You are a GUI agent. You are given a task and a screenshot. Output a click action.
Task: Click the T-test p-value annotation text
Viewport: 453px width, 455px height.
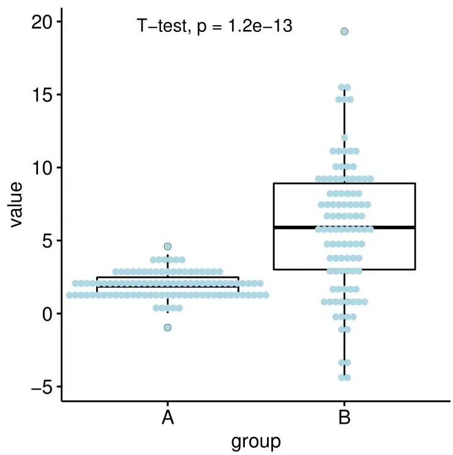tap(214, 26)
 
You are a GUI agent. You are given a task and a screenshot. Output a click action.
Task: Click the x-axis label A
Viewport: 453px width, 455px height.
tap(168, 418)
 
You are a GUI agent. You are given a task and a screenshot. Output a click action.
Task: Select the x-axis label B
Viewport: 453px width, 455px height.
tap(345, 418)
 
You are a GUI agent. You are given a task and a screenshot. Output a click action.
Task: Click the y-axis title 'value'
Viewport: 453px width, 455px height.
tap(16, 204)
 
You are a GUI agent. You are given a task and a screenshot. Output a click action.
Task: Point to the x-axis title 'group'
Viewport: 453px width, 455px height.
tap(256, 441)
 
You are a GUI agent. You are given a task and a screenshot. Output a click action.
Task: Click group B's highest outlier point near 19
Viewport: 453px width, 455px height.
tap(345, 31)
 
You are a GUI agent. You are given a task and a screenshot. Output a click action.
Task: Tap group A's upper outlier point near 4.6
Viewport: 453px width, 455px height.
tap(168, 247)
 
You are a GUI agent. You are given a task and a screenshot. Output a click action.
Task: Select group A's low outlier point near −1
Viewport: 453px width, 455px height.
tap(168, 327)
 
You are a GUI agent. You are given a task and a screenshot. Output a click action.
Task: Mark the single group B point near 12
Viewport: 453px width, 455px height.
tap(345, 138)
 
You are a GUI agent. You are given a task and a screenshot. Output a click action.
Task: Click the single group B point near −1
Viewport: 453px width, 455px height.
tap(345, 329)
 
